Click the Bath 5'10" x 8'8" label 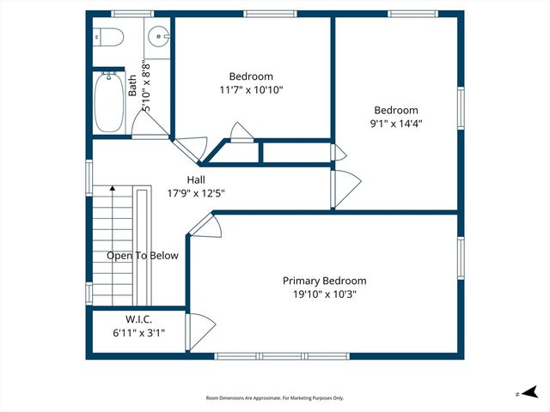tap(139, 86)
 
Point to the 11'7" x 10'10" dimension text tap(251, 89)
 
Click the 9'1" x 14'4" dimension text tap(396, 123)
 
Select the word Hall tap(197, 179)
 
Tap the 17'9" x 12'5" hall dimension tap(197, 193)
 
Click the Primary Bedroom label tap(325, 281)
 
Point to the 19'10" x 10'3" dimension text tap(325, 294)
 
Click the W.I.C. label tap(126, 319)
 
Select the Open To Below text tap(143, 256)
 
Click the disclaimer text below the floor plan tap(275, 398)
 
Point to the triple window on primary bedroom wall tap(282, 355)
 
